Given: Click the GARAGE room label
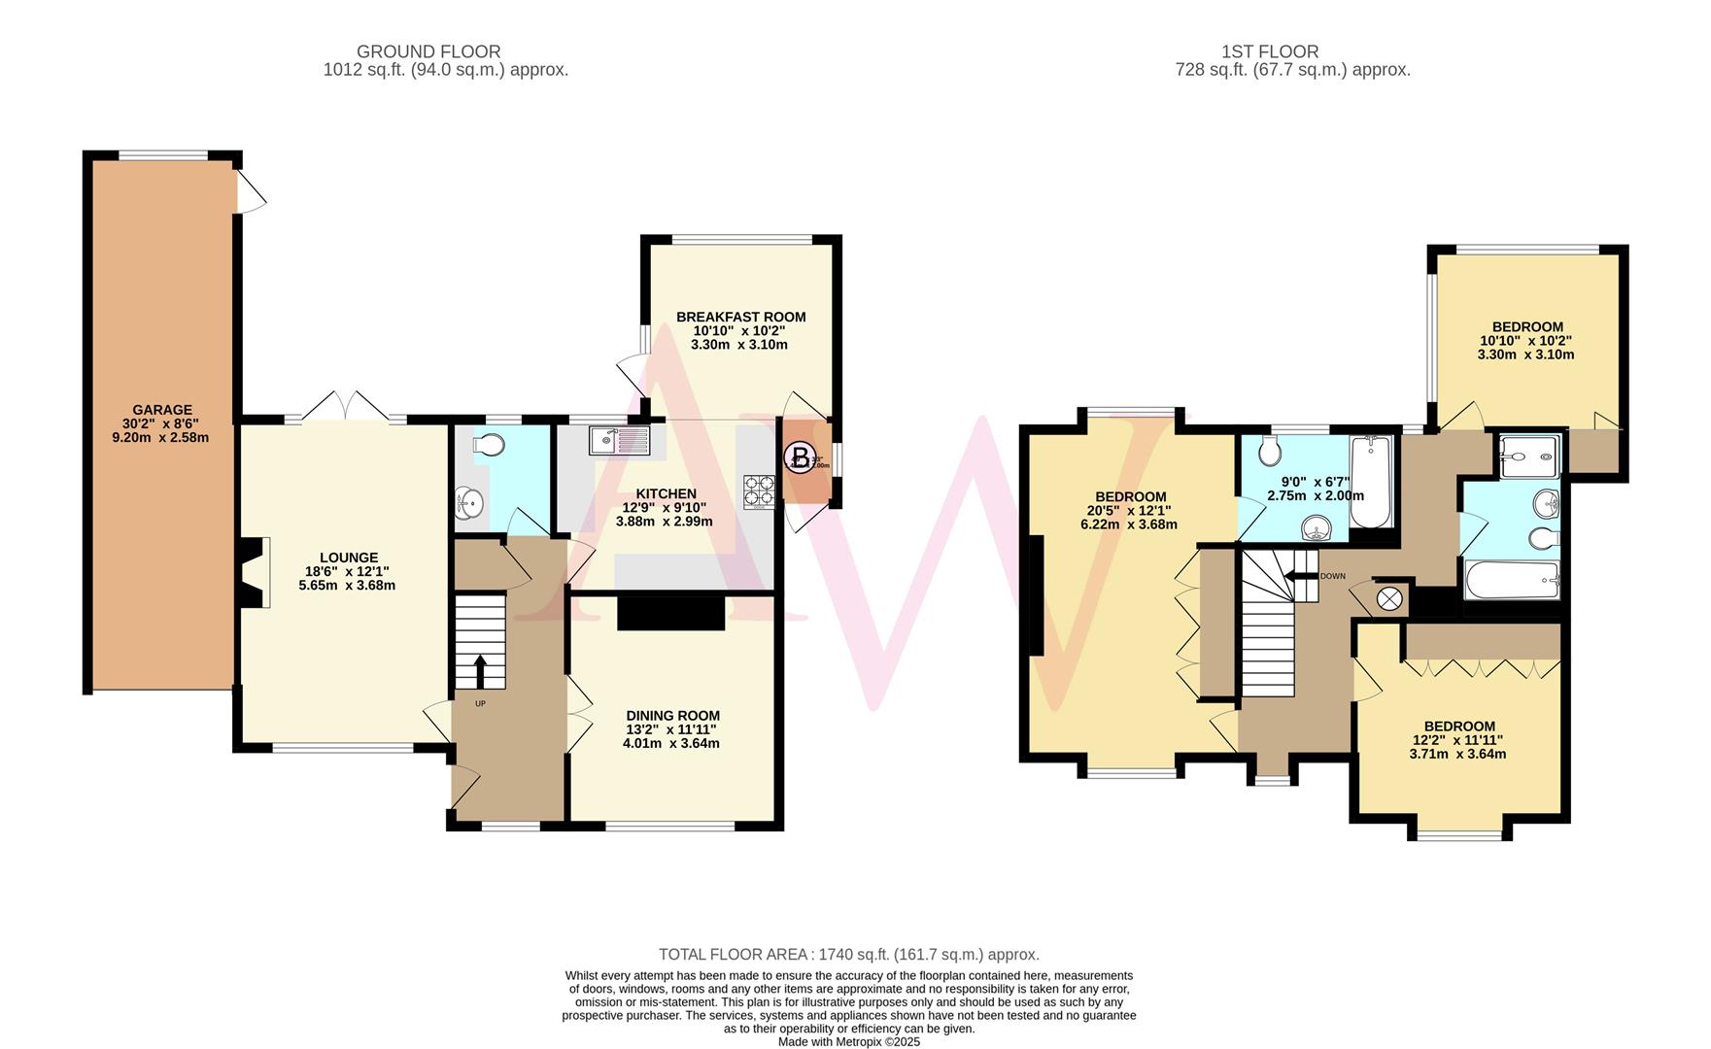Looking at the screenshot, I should (161, 410).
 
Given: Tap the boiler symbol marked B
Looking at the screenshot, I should (800, 456).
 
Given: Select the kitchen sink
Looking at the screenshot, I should (618, 441).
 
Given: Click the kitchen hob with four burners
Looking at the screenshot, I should (759, 491).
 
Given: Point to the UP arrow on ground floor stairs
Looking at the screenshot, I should (480, 670).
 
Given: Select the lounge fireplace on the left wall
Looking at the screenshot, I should (255, 572).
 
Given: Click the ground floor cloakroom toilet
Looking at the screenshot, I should (488, 445).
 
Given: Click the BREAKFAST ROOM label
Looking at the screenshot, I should (740, 317).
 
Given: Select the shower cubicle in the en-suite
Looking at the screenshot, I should (1529, 456).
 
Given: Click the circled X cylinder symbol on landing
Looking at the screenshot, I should (1389, 597).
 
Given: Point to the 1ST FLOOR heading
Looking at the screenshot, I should (1270, 51).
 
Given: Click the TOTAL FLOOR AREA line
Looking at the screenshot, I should (848, 954).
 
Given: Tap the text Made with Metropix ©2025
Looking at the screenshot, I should (848, 1041).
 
